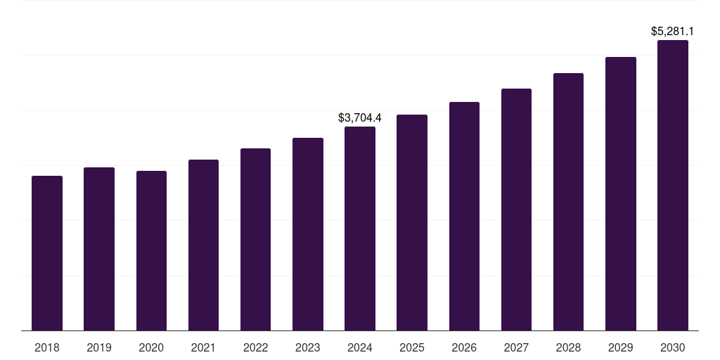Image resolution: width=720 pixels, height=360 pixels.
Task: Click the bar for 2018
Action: tap(47, 253)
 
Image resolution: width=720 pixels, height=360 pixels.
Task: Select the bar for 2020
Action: tap(151, 250)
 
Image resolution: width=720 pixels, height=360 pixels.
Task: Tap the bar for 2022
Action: tap(255, 239)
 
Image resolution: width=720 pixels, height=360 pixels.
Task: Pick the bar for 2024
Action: tap(360, 229)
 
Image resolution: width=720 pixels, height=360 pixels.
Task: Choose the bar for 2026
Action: tap(464, 216)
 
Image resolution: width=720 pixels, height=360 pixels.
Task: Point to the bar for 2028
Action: tap(568, 202)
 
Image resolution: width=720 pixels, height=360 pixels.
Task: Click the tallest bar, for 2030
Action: tap(673, 185)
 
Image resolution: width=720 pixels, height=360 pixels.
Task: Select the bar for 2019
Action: tap(99, 249)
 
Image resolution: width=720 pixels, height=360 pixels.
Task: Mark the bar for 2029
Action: tap(621, 193)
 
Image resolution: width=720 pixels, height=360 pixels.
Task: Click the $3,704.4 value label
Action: tap(360, 117)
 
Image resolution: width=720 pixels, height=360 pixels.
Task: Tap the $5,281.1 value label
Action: tap(673, 32)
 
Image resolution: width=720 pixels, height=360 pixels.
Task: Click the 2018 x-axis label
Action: tap(47, 347)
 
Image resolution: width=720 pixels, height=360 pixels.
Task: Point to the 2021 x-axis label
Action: tap(203, 347)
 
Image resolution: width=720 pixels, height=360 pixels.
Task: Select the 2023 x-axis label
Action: tap(308, 347)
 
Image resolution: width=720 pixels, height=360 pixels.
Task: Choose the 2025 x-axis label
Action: tap(412, 347)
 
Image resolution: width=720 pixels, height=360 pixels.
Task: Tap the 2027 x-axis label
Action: tap(516, 347)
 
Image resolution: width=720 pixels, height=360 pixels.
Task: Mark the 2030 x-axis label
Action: tap(673, 347)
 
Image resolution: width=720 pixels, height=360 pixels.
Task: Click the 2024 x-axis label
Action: tap(360, 347)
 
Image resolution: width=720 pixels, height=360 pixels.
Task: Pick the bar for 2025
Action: tap(412, 222)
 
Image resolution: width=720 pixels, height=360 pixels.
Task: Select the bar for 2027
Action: tap(516, 210)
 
